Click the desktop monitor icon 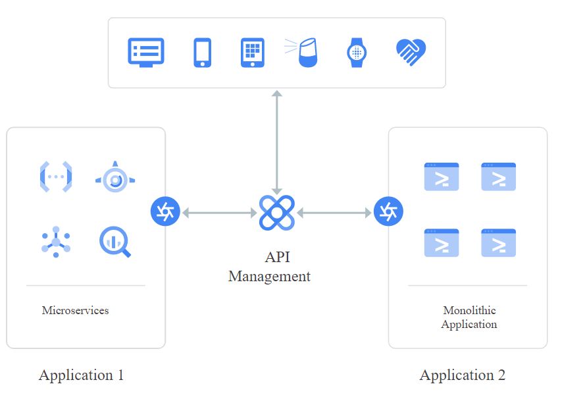click(x=146, y=53)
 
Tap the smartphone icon click(x=202, y=53)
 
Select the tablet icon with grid click(x=253, y=53)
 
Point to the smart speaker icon click(x=302, y=53)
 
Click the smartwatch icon click(x=357, y=53)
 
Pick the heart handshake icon click(x=411, y=52)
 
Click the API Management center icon click(x=276, y=213)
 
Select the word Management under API click(x=269, y=277)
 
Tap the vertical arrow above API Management click(x=276, y=142)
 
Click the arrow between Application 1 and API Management click(x=219, y=213)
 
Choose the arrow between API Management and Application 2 click(x=334, y=213)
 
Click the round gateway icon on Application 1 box click(x=165, y=211)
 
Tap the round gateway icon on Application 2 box click(x=388, y=211)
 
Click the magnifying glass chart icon click(x=115, y=242)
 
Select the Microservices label click(x=75, y=310)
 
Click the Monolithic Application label click(x=469, y=317)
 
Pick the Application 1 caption click(x=81, y=375)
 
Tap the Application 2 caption click(x=463, y=375)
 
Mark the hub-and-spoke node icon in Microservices click(x=56, y=242)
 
